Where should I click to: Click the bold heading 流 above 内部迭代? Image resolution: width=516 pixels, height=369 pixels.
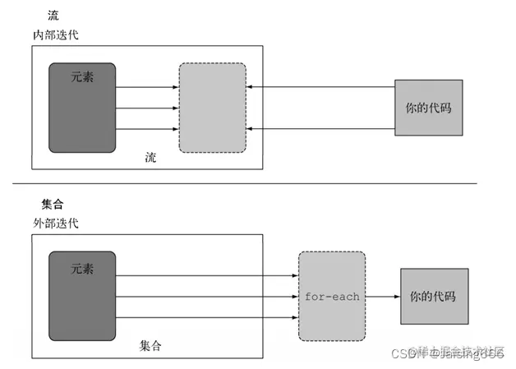tap(54, 16)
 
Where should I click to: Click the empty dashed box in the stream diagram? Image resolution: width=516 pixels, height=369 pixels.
tap(212, 108)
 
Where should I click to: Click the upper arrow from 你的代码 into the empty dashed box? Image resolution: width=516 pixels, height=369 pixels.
tap(320, 87)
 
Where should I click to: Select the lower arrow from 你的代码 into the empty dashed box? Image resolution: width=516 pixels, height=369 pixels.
tap(320, 128)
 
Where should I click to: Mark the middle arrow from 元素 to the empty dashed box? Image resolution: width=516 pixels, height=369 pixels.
tap(147, 108)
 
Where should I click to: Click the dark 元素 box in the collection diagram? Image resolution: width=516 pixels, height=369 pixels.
tap(82, 296)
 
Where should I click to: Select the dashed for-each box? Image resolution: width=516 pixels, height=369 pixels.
tap(332, 296)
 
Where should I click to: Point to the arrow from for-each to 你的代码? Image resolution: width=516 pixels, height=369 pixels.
tap(382, 296)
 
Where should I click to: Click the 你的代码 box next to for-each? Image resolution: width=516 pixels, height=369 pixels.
tap(434, 296)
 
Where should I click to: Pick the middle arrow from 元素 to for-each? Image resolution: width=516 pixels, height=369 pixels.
tap(205, 296)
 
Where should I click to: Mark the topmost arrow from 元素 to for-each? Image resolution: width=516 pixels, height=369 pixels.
tap(205, 276)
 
